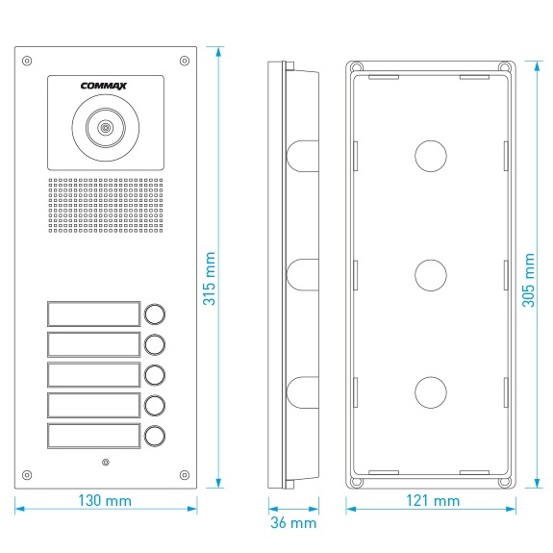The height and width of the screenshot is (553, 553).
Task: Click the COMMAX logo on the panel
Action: coord(103,86)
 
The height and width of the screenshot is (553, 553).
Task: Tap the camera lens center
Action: coord(105,128)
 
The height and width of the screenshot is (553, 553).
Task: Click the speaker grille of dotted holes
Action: coord(106,205)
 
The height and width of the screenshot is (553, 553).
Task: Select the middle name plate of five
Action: coord(94,374)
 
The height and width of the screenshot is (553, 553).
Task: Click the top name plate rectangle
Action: coord(94,314)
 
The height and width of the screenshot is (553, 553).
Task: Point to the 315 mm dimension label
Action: coord(209,278)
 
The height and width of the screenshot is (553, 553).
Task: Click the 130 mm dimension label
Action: coord(105,500)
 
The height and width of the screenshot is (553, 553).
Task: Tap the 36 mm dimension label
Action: coord(293,522)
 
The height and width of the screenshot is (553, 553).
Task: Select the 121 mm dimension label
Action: coord(433,500)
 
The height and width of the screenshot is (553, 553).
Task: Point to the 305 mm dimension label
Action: coord(528,280)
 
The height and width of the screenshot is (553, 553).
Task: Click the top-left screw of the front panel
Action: coord(27,61)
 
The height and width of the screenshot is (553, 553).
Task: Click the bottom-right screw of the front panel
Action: coord(185,475)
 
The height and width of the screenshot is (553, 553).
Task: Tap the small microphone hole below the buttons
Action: coord(106,462)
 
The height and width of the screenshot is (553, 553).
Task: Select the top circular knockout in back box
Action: coord(431,156)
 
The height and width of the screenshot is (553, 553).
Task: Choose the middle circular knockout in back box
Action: coord(431,275)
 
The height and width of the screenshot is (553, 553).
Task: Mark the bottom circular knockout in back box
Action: coord(431,392)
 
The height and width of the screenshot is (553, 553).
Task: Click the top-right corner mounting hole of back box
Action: coord(505,67)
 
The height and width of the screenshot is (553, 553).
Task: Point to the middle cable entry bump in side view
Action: coord(303,275)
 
